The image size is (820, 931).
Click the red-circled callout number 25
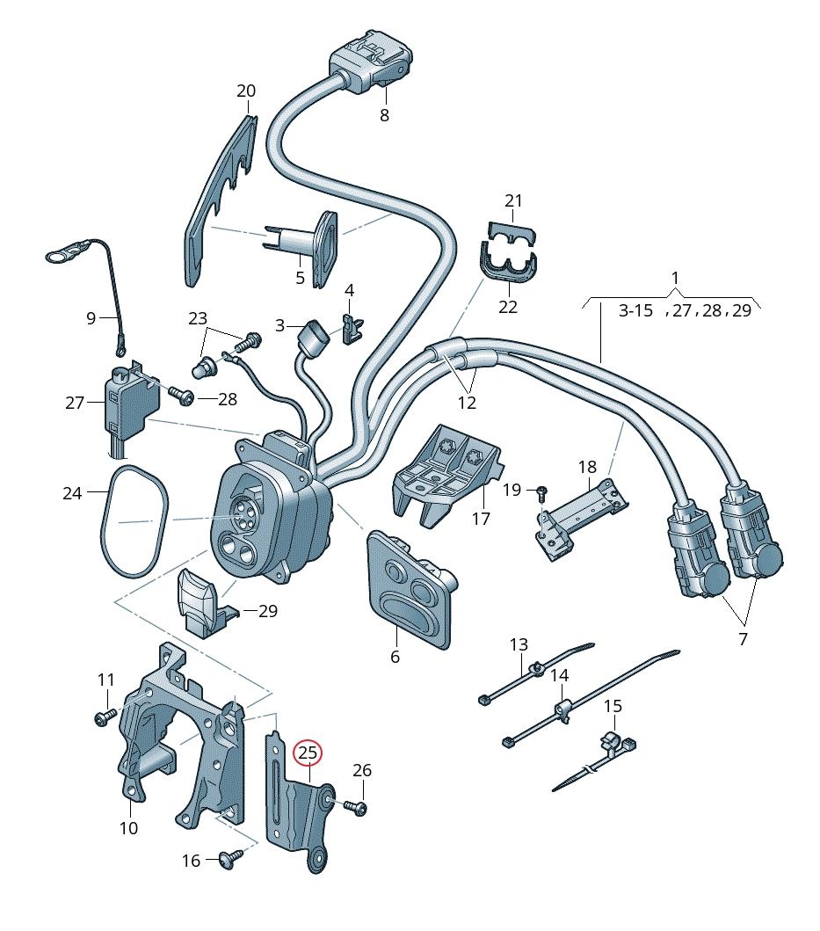point(308,753)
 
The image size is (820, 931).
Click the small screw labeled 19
point(542,488)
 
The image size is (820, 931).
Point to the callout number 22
point(508,307)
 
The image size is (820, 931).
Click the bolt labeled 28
point(184,398)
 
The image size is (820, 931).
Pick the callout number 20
point(246,91)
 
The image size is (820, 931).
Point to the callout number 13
point(519,645)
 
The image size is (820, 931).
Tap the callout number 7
point(743,639)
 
